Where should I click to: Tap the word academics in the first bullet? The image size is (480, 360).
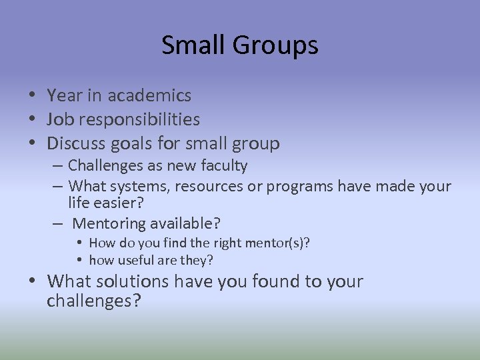[149, 96]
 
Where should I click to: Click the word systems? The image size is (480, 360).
[138, 186]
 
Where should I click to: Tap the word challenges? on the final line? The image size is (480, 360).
[94, 301]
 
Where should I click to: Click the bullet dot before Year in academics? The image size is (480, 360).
[33, 97]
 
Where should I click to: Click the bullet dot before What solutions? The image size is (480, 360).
[33, 282]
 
